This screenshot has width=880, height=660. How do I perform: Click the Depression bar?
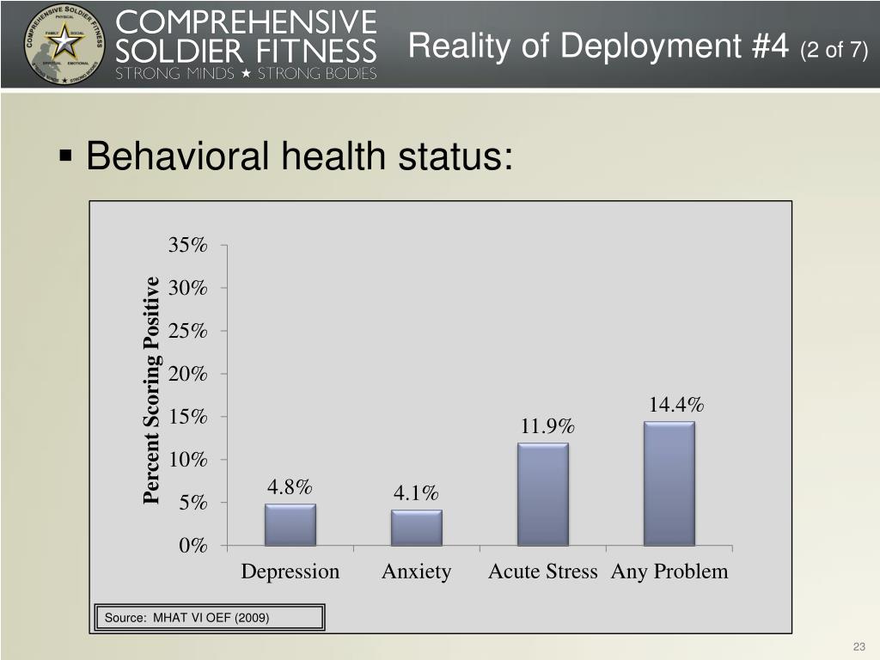[290, 524]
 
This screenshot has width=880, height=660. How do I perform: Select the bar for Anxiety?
[417, 528]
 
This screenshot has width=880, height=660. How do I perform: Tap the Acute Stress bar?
[543, 494]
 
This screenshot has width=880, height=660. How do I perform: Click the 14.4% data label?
[676, 405]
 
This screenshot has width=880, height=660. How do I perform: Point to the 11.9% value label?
[547, 427]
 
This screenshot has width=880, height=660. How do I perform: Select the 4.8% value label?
[290, 487]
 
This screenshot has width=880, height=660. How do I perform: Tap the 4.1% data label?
[416, 493]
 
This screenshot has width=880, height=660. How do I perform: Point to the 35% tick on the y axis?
[189, 245]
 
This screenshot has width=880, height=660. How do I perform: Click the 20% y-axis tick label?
[189, 374]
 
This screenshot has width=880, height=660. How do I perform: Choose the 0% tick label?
[192, 546]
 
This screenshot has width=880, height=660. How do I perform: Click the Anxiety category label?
[417, 571]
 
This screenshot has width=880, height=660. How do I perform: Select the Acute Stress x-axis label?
[542, 571]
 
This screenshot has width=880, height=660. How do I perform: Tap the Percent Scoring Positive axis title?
[152, 389]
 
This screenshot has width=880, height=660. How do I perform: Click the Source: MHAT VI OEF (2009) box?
[210, 618]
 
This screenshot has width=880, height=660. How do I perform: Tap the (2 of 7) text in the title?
[833, 51]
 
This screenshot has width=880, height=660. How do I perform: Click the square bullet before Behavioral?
[65, 156]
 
